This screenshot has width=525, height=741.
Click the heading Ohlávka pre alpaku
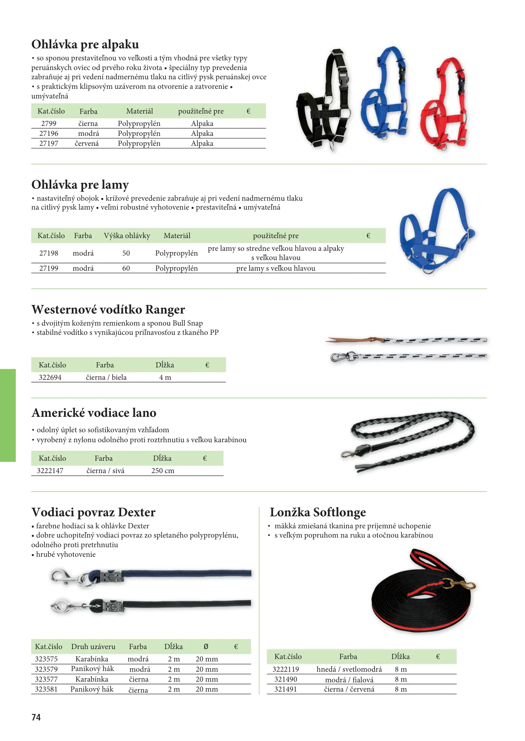click(85, 45)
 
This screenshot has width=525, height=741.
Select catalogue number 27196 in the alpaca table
click(48, 133)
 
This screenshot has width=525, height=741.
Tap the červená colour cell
click(87, 143)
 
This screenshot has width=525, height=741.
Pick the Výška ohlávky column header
click(127, 236)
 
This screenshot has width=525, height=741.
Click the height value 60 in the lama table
click(126, 268)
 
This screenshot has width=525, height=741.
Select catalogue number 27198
click(48, 253)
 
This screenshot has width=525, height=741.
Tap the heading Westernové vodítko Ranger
click(108, 309)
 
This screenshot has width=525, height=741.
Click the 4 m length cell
click(165, 377)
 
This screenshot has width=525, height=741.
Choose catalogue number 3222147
click(50, 471)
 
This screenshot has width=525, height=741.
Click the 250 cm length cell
click(163, 471)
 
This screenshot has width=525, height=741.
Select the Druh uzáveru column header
click(93, 647)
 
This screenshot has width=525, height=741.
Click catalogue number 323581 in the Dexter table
click(46, 689)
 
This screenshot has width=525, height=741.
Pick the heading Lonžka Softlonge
click(318, 512)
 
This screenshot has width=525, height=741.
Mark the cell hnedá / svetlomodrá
click(349, 669)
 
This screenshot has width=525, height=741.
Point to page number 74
click(36, 717)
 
